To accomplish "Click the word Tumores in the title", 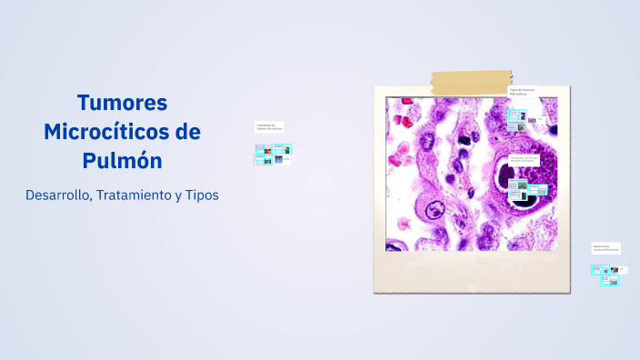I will click(x=122, y=102).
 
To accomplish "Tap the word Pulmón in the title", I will click(x=122, y=160).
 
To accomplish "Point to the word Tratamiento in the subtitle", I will click(x=140, y=195).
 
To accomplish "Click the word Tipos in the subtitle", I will click(x=202, y=195).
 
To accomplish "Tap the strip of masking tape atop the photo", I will click(x=472, y=83).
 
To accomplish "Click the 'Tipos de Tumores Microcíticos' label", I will click(x=523, y=92).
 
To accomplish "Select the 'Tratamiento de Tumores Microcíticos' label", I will click(x=269, y=126).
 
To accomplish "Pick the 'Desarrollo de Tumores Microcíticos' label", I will click(x=605, y=246).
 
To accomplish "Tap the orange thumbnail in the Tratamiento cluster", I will click(x=267, y=150).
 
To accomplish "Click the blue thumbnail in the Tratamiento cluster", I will click(x=261, y=159).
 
